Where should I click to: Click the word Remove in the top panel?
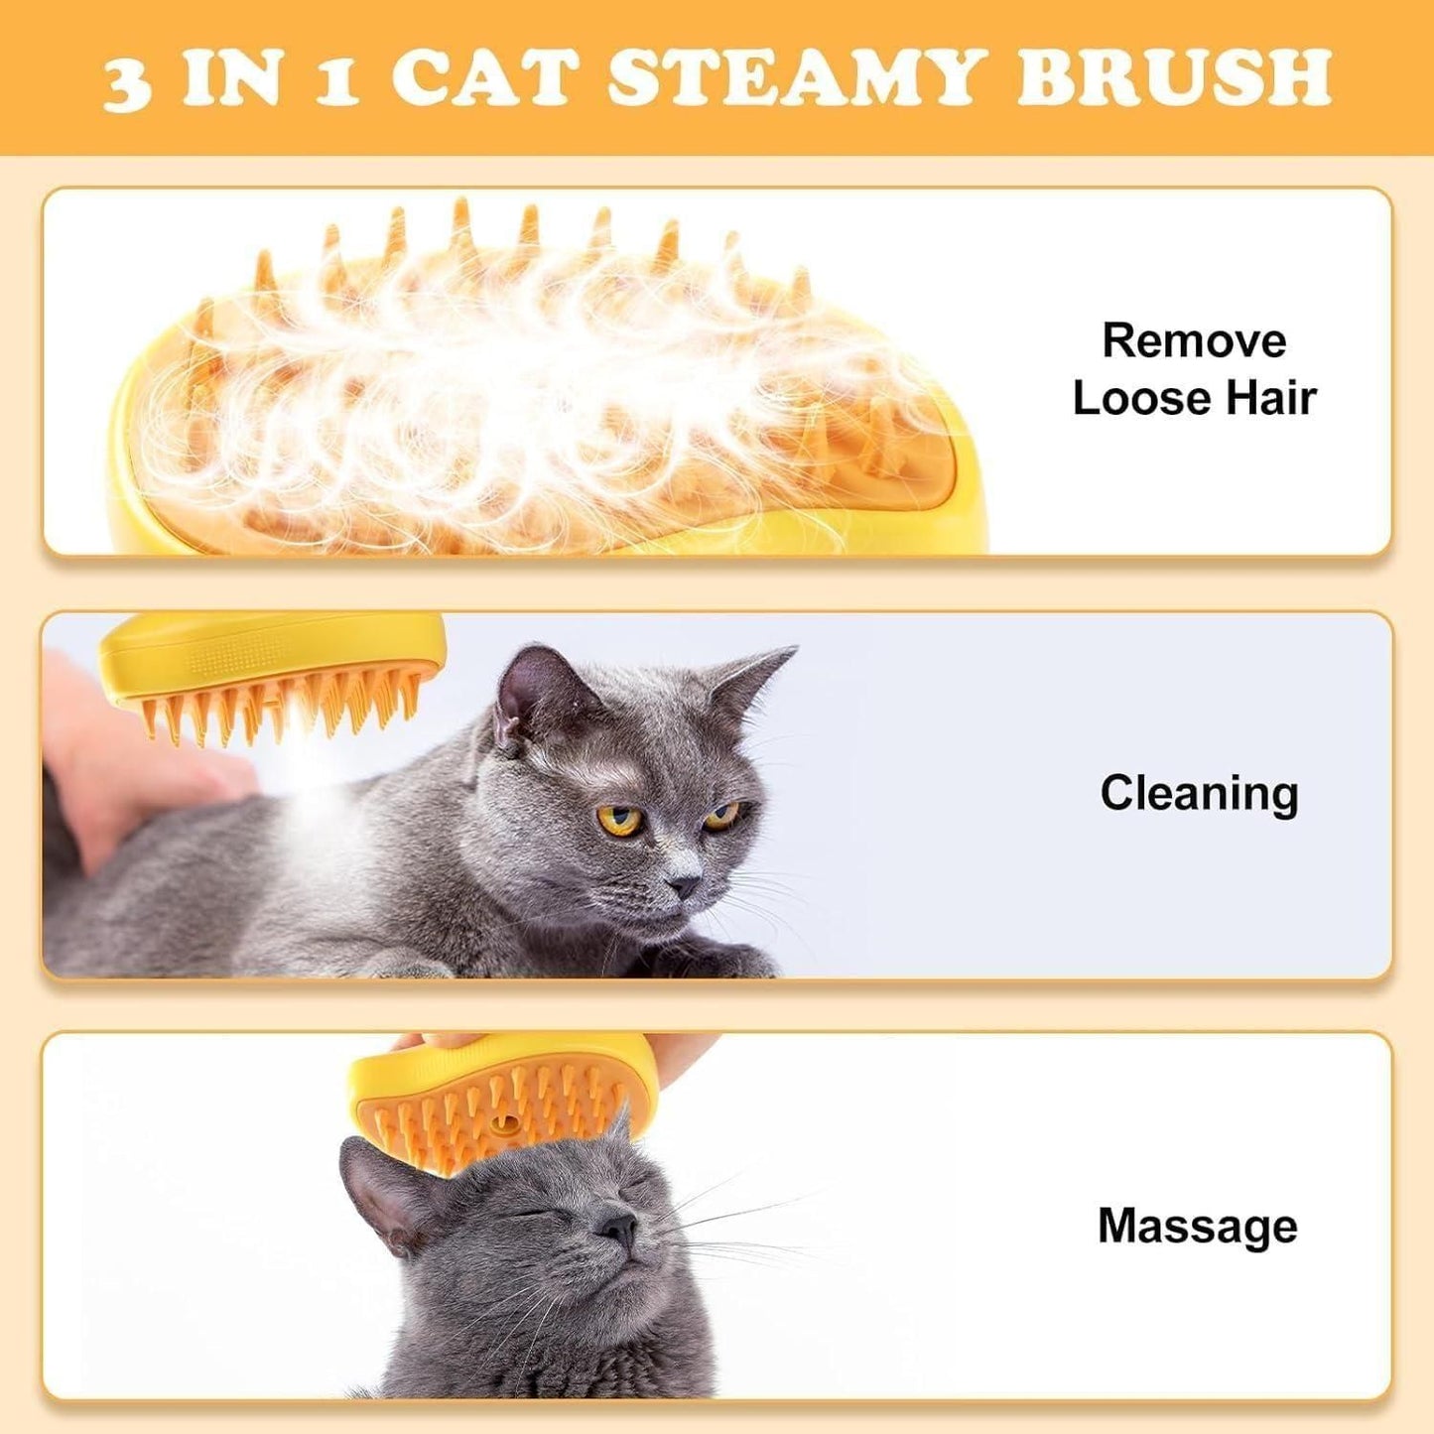[1194, 341]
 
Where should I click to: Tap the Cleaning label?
[1199, 794]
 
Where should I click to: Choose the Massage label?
[1197, 1227]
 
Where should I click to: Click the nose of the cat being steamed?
[683, 883]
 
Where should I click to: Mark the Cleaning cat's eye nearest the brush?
[618, 821]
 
